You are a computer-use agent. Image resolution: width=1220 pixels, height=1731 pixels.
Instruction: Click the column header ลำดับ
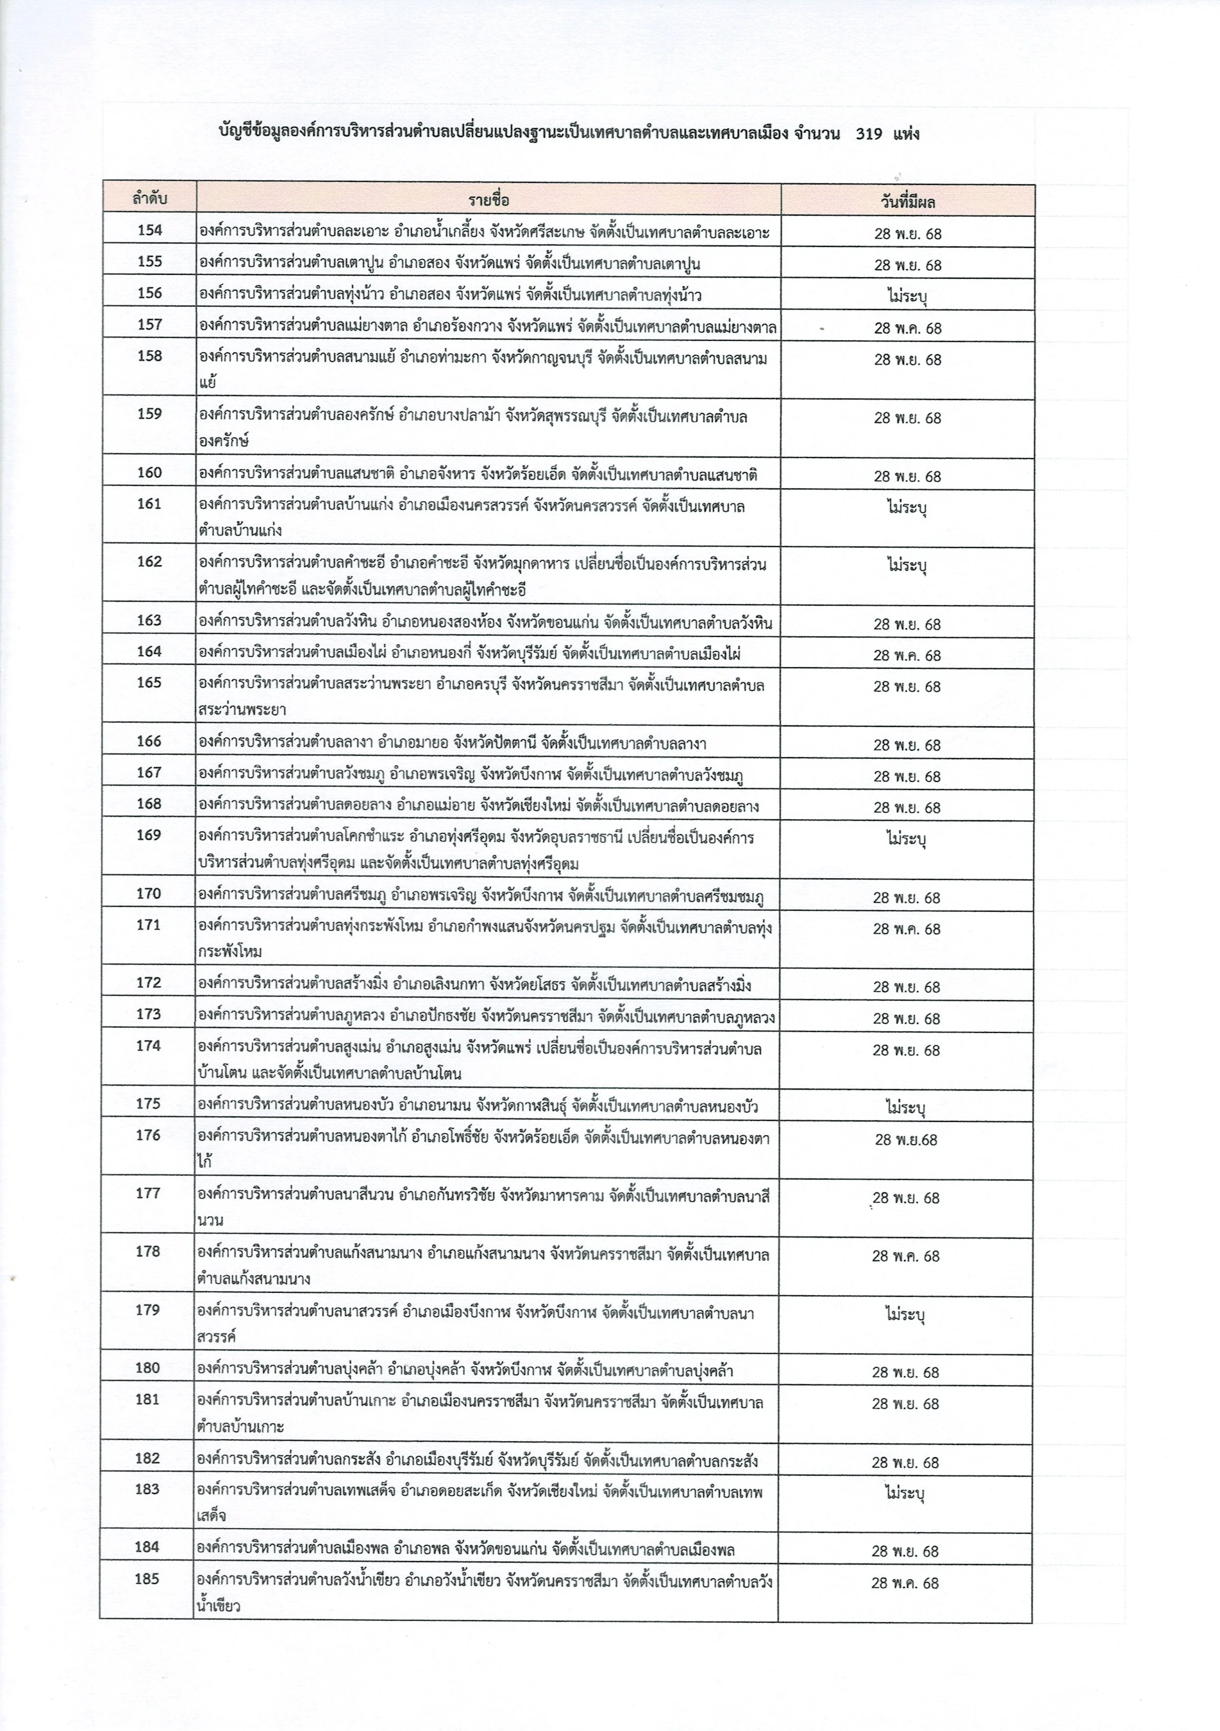[x=148, y=200]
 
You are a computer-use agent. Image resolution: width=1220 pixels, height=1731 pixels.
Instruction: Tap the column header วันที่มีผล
[x=907, y=201]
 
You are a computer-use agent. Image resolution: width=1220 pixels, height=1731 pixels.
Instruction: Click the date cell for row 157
[x=907, y=328]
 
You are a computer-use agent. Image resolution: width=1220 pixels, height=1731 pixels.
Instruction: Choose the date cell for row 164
[x=907, y=655]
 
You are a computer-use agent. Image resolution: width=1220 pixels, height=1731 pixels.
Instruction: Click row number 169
[x=149, y=835]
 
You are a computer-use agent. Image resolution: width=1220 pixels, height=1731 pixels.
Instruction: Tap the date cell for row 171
[x=907, y=929]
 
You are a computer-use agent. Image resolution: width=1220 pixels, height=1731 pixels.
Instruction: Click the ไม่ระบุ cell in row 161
[x=907, y=507]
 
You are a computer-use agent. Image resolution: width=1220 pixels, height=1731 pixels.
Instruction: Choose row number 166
[x=149, y=742]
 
